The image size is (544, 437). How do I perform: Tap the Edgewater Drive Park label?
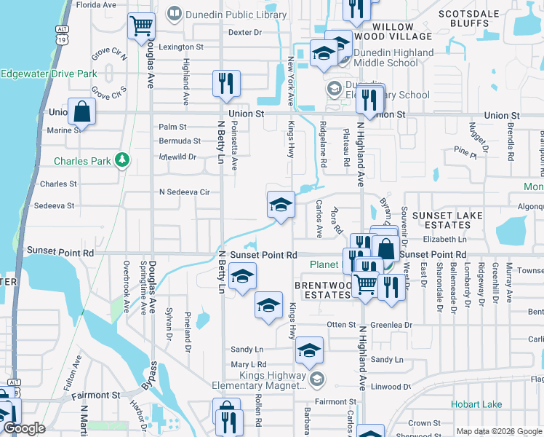[49, 74]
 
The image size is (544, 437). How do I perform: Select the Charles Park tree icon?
[124, 160]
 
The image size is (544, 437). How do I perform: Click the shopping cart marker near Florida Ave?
[141, 26]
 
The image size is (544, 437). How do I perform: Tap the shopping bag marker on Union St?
[82, 113]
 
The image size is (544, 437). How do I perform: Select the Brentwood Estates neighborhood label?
[322, 290]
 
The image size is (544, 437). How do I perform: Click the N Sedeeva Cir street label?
[184, 192]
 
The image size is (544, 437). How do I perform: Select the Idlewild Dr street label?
[178, 157]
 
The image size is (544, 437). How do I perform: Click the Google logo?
[24, 428]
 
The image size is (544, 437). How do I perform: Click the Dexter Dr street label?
[244, 32]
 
